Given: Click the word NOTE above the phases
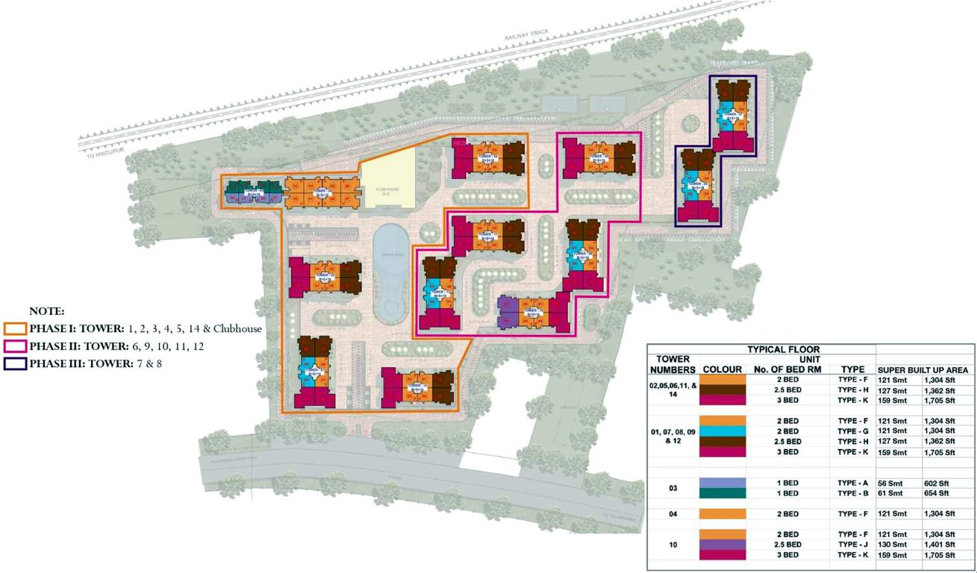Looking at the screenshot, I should click(47, 310).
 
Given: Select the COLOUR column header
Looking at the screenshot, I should click(722, 369).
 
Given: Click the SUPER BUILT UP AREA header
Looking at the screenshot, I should click(923, 369).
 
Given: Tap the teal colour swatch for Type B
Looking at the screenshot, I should click(722, 493).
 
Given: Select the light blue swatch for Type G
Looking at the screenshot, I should click(722, 431).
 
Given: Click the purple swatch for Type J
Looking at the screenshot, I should click(722, 545).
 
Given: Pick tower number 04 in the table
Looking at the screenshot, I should click(673, 514).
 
